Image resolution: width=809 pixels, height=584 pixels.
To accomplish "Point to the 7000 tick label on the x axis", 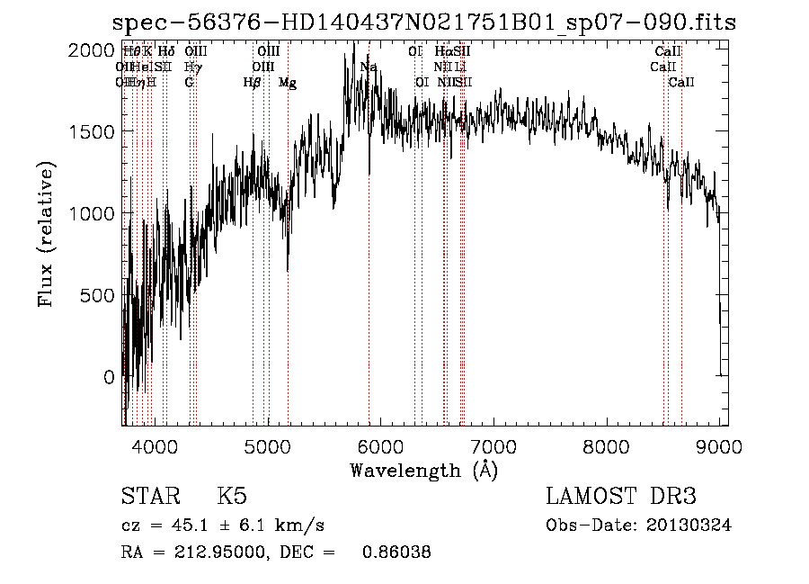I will pyautogui.click(x=493, y=446).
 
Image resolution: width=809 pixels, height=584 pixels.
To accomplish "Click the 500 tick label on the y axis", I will pyautogui.click(x=99, y=295).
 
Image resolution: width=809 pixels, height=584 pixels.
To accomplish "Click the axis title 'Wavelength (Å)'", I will pyautogui.click(x=423, y=470).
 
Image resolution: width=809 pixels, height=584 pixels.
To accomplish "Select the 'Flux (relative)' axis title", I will pyautogui.click(x=47, y=235).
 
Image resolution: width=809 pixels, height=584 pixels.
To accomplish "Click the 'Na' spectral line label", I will pyautogui.click(x=369, y=67).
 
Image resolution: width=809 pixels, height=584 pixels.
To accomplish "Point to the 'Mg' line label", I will pyautogui.click(x=288, y=83).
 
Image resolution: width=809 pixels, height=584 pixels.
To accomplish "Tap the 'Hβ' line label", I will pyautogui.click(x=252, y=83).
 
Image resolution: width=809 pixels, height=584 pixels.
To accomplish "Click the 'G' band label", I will pyautogui.click(x=189, y=83).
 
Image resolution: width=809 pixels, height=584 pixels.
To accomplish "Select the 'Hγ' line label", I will pyautogui.click(x=192, y=67).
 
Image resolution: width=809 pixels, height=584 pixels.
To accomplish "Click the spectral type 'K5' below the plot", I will pyautogui.click(x=232, y=498).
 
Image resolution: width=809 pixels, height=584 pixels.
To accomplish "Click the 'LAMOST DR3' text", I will pyautogui.click(x=621, y=498).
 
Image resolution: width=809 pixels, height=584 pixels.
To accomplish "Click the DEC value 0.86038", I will pyautogui.click(x=395, y=553).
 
